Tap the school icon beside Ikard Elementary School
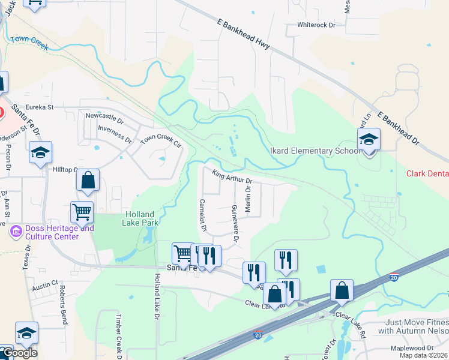coord(369,141)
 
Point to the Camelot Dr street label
coord(203,215)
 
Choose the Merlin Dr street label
coord(247,201)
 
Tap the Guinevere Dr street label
coord(235,223)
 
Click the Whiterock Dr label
coord(316,26)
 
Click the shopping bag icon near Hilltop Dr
coord(88,180)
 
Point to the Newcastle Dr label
coord(104,116)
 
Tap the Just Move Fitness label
coord(417,326)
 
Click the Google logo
coord(19,353)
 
